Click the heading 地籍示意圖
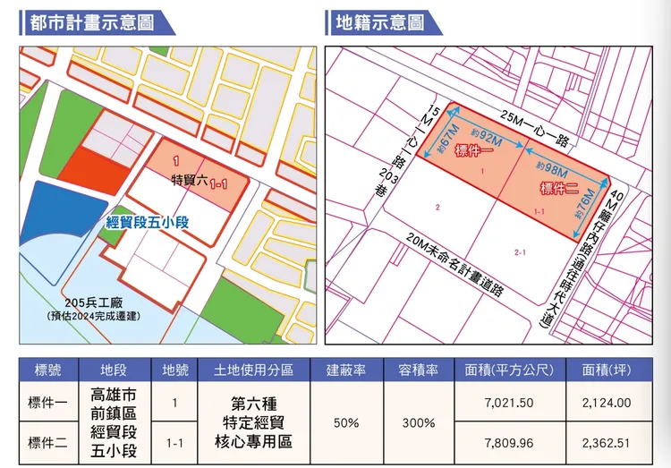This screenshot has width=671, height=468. click(378, 21)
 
